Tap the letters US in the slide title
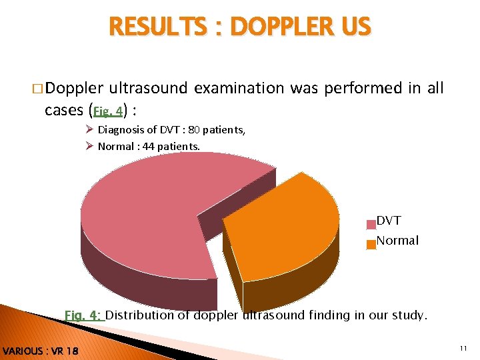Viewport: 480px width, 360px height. click(x=353, y=27)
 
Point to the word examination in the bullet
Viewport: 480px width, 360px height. click(x=243, y=88)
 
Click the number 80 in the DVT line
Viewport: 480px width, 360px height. click(x=195, y=130)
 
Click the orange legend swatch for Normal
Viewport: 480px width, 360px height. click(x=371, y=245)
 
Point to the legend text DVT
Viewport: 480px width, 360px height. click(x=389, y=221)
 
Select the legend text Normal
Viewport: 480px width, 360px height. click(x=398, y=241)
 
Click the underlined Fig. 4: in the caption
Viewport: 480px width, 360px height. click(x=83, y=315)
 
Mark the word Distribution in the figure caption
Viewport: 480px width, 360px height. click(x=139, y=315)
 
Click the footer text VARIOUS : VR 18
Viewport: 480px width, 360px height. click(x=40, y=351)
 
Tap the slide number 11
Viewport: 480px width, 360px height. click(x=463, y=349)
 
